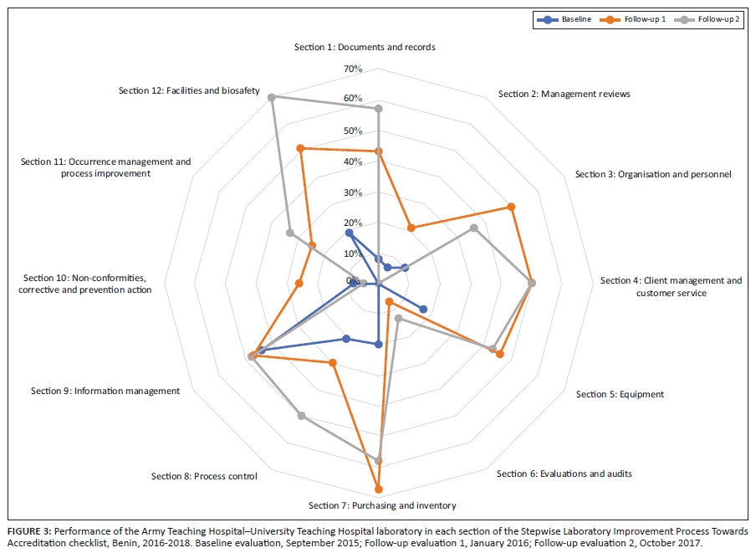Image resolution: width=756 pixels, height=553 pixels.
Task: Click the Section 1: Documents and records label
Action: (x=365, y=48)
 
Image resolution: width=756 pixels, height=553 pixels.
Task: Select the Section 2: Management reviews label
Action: (x=564, y=94)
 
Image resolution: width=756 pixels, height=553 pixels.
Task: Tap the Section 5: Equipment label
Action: (x=620, y=394)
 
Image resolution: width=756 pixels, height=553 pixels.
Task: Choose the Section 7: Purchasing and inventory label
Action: (x=382, y=505)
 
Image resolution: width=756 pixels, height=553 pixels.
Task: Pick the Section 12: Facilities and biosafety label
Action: (x=189, y=90)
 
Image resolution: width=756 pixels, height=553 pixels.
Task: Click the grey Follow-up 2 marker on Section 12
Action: (x=271, y=98)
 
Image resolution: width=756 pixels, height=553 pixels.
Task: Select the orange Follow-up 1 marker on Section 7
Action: (x=379, y=489)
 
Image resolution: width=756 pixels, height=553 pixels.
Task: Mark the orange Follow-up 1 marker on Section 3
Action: (x=512, y=207)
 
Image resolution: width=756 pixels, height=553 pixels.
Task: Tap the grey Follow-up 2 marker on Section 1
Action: (x=379, y=109)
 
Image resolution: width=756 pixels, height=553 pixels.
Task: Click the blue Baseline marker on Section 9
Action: (x=262, y=351)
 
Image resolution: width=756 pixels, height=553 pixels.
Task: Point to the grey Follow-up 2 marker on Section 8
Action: (x=301, y=416)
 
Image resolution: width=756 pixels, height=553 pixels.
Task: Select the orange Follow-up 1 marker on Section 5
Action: (x=500, y=355)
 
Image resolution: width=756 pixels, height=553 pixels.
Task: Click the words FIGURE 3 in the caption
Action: (x=30, y=531)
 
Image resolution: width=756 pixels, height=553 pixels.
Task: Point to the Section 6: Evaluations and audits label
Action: (x=564, y=474)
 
